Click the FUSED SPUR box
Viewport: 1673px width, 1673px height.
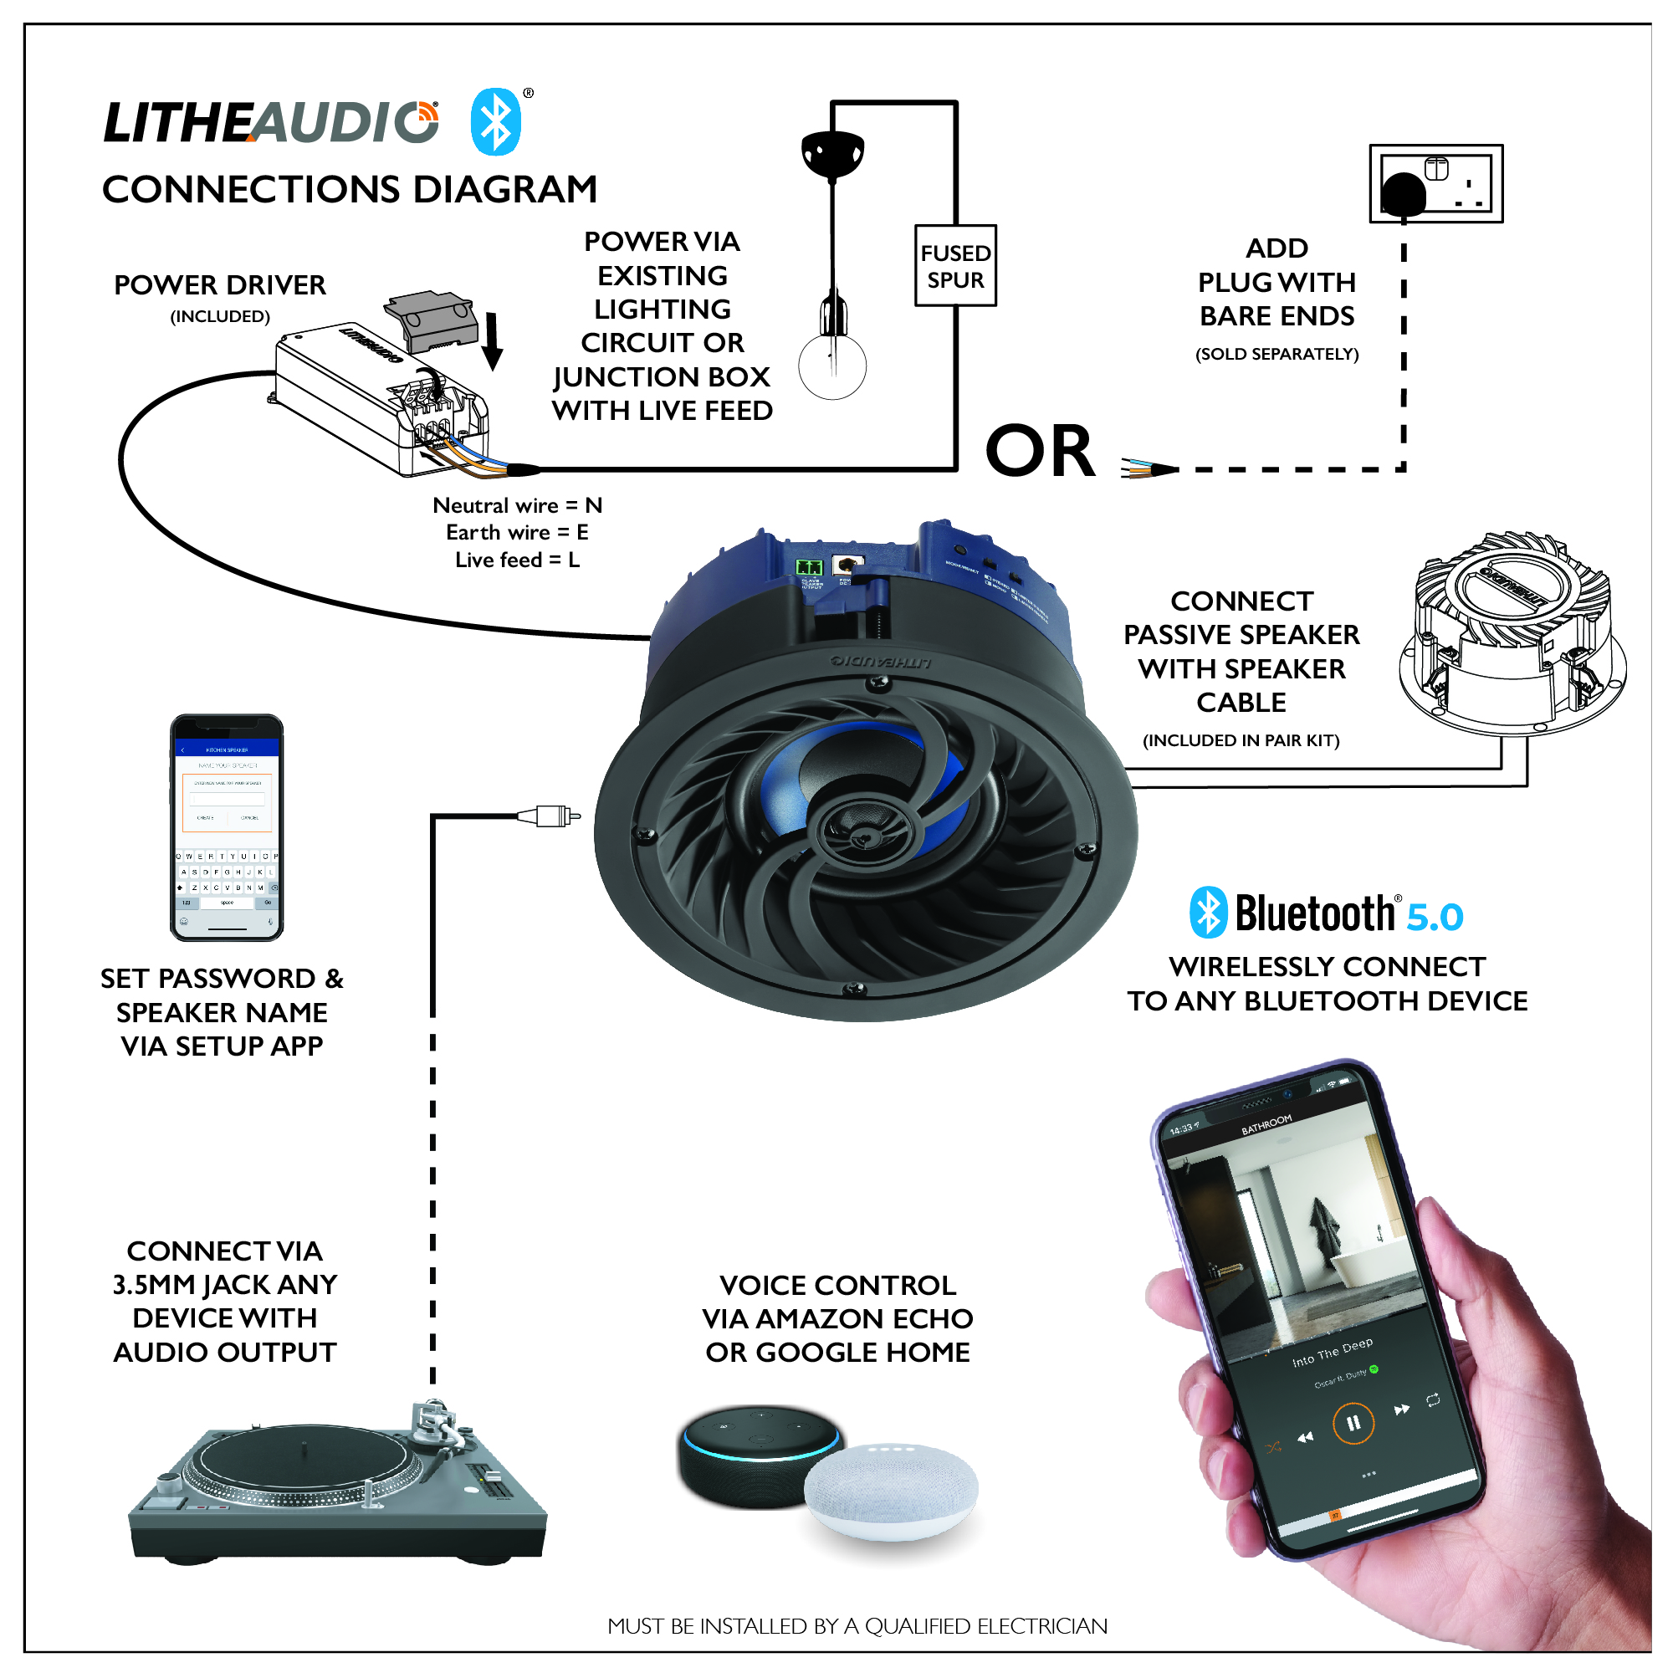click(955, 266)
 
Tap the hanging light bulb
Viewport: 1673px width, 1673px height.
click(832, 364)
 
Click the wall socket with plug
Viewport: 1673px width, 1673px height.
click(1435, 183)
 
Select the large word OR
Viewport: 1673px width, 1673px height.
click(1040, 451)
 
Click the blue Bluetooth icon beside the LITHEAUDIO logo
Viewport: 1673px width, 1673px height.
click(495, 122)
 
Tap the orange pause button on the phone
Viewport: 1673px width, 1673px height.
click(1353, 1423)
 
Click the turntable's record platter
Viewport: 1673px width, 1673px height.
click(303, 1463)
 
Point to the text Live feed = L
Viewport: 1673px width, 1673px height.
click(517, 560)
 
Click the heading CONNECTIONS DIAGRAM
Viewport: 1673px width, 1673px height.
click(350, 190)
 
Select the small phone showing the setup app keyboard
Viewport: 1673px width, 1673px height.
click(227, 827)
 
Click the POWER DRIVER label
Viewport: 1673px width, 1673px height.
click(220, 286)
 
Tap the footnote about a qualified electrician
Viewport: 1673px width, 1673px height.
click(857, 1625)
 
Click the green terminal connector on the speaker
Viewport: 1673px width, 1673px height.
click(809, 567)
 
